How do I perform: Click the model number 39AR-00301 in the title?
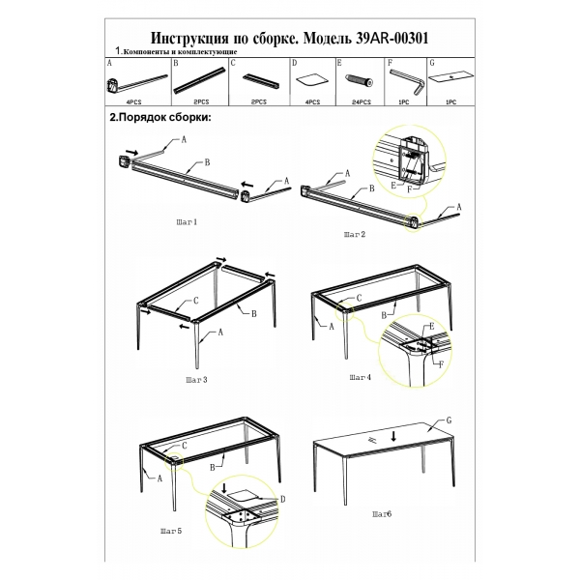[392, 38]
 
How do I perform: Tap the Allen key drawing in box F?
[408, 82]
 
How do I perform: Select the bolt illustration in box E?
[360, 80]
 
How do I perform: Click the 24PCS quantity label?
[361, 102]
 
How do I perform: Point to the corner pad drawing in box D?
[311, 81]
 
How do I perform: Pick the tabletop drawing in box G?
[451, 77]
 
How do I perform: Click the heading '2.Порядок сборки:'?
[160, 118]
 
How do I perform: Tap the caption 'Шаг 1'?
[187, 222]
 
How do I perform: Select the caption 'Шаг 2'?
[355, 234]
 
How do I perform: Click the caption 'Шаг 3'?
[196, 380]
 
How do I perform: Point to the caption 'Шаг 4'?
[360, 377]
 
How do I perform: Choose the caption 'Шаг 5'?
[171, 531]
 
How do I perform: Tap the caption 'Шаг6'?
[382, 514]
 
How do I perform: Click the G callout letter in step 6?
[449, 420]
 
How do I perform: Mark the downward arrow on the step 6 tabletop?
[394, 437]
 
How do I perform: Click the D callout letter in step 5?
[282, 500]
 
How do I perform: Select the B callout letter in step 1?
[207, 162]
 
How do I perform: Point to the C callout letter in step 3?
[195, 301]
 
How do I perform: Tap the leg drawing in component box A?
[136, 84]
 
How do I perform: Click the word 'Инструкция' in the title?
[189, 39]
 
